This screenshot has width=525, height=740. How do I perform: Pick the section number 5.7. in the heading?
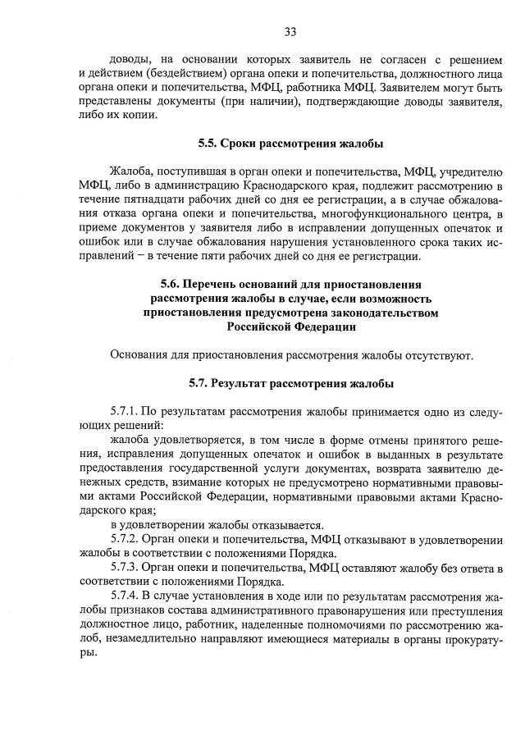pos(199,383)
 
